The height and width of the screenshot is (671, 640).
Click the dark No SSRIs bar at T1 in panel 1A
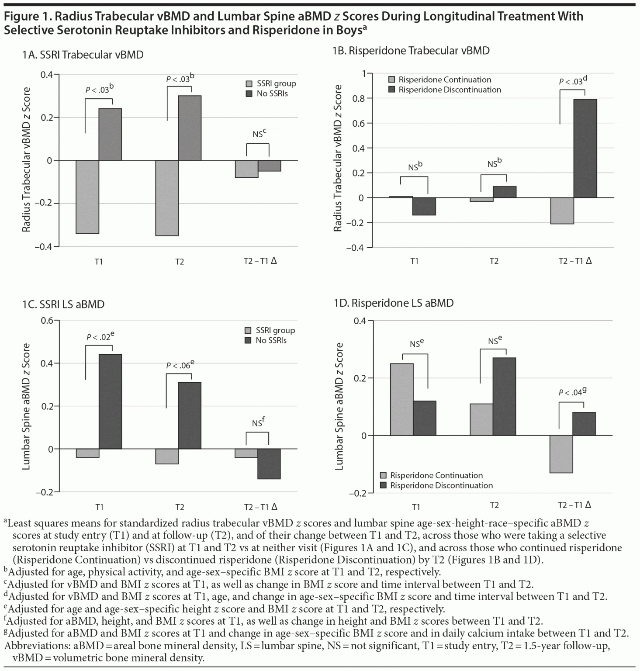pyautogui.click(x=110, y=134)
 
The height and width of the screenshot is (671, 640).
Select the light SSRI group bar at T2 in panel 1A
pyautogui.click(x=167, y=198)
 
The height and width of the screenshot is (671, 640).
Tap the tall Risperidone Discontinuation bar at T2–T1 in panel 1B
pyautogui.click(x=585, y=149)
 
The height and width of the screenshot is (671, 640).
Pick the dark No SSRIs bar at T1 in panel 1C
pyautogui.click(x=110, y=401)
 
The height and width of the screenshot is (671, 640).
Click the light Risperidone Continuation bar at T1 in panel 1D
pyautogui.click(x=401, y=399)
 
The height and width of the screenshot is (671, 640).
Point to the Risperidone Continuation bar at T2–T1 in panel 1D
pyautogui.click(x=561, y=454)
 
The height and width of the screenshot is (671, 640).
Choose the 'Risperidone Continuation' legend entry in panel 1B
pyautogui.click(x=444, y=80)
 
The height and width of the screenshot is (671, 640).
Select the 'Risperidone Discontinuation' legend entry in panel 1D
pyautogui.click(x=441, y=485)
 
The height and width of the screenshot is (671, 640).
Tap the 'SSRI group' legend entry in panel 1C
pyautogui.click(x=275, y=330)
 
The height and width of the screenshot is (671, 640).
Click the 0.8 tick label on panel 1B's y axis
pyautogui.click(x=359, y=98)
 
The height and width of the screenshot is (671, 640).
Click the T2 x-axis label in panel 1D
pyautogui.click(x=494, y=505)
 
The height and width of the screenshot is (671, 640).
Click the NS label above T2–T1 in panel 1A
pyautogui.click(x=259, y=134)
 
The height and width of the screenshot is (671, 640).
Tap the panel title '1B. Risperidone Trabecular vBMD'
pyautogui.click(x=411, y=51)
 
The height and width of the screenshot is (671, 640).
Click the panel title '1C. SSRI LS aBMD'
pyautogui.click(x=63, y=304)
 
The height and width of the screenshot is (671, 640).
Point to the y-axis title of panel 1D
pyautogui.click(x=339, y=406)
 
